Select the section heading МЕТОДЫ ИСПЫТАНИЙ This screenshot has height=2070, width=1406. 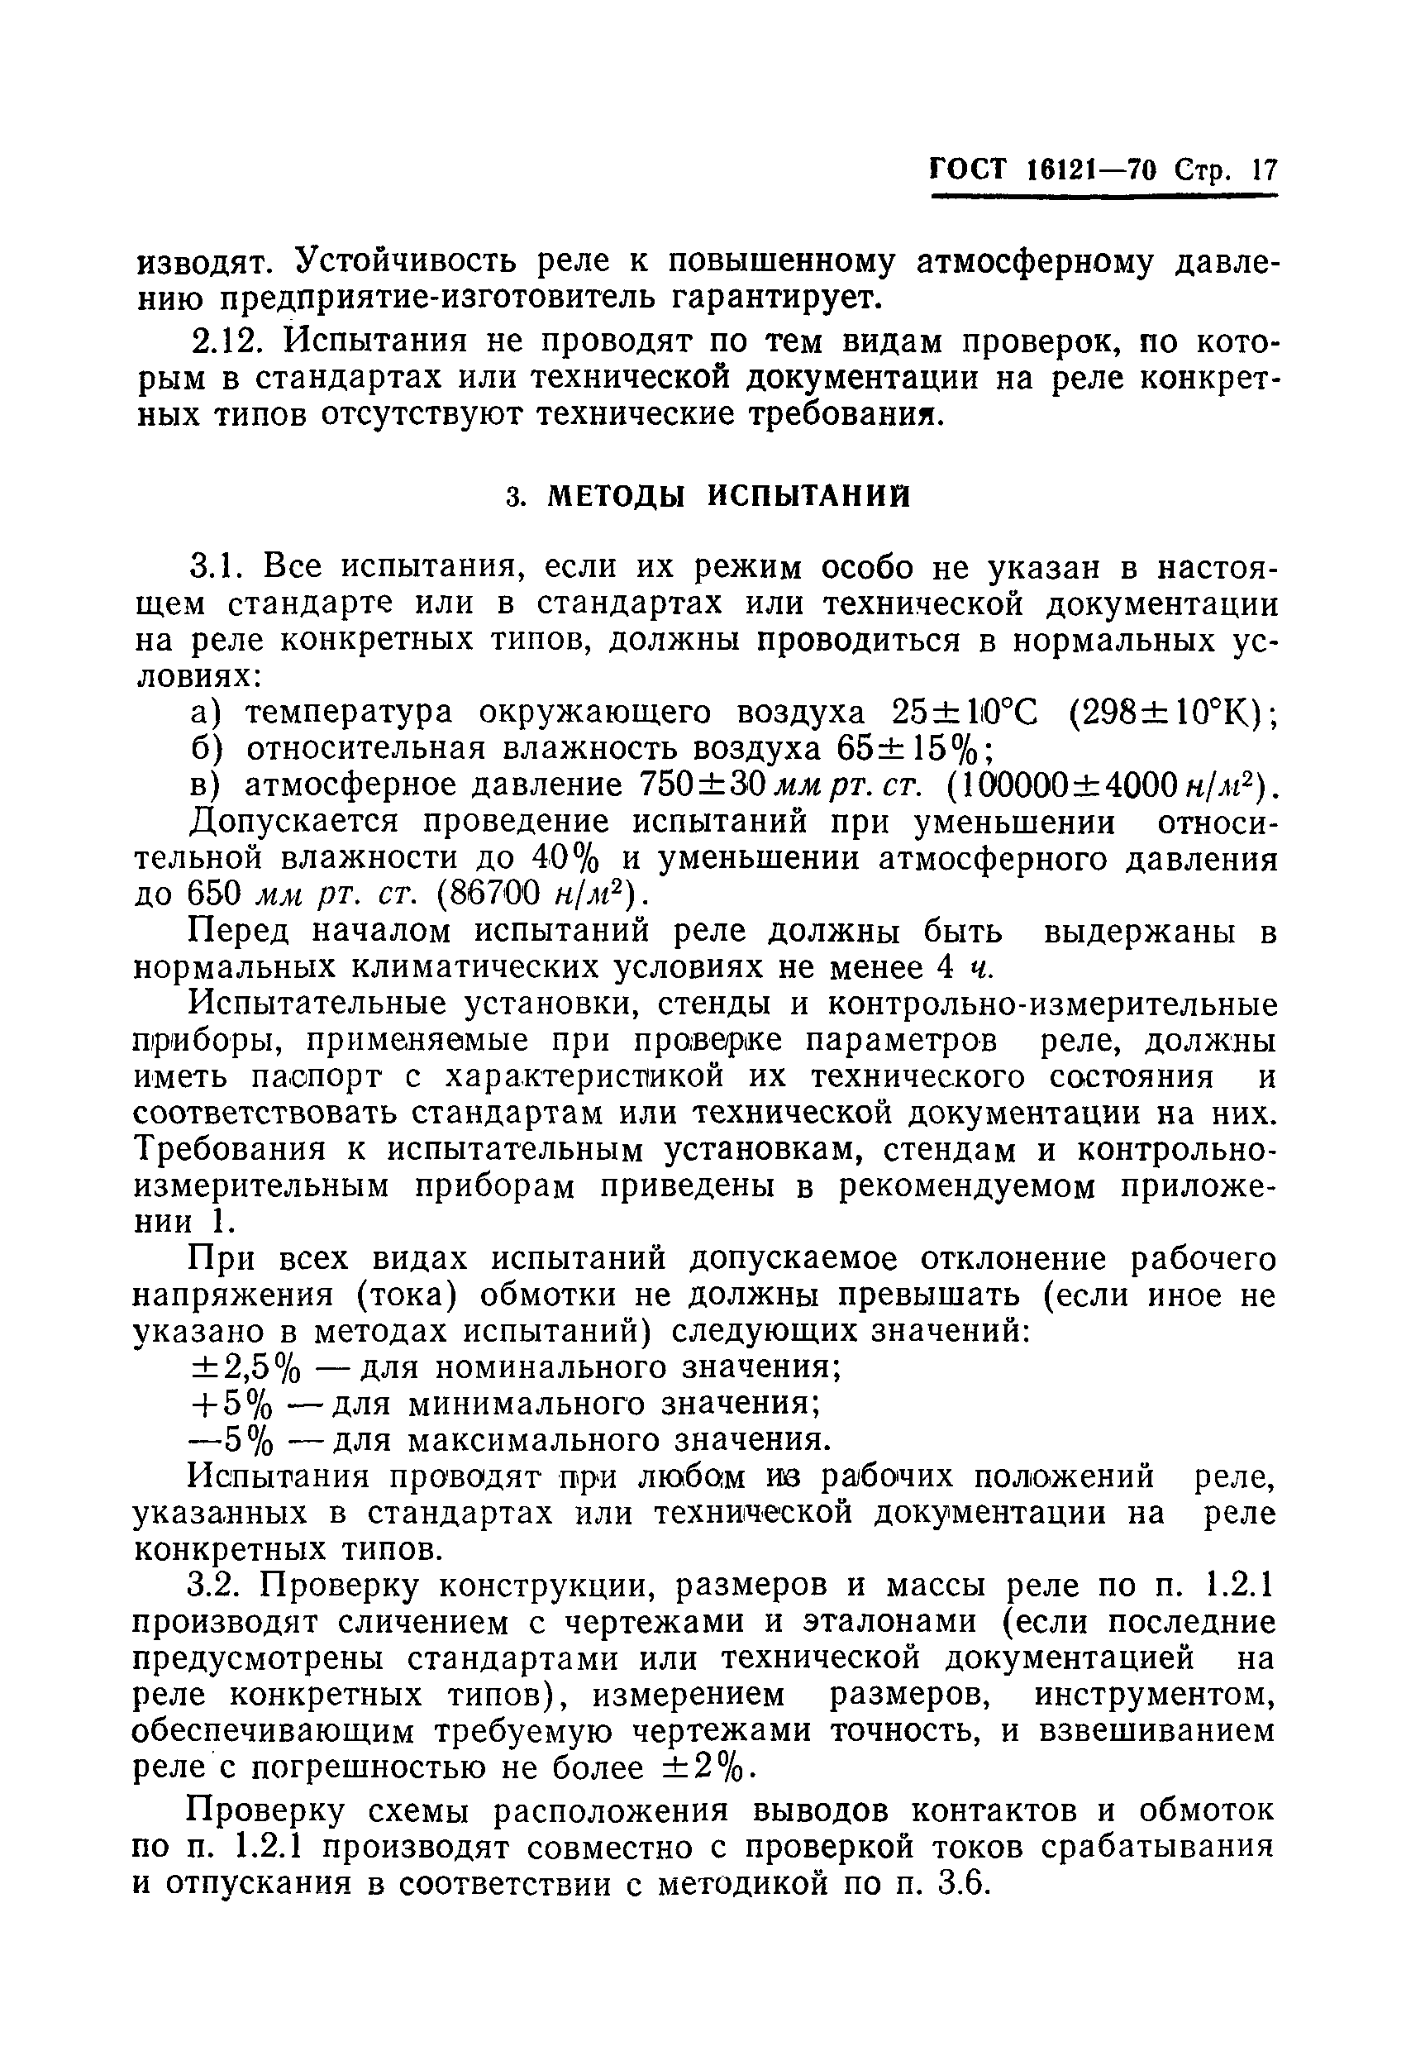(728, 496)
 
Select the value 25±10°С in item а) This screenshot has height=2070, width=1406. (965, 713)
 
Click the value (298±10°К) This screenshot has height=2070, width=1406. (1171, 713)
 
